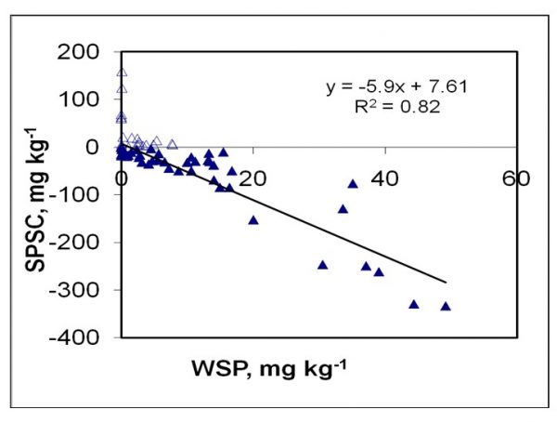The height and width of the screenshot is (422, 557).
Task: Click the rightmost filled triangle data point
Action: coord(446,306)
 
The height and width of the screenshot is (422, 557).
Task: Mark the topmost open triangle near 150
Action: coord(122,73)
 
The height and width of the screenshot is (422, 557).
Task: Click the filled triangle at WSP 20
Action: coord(253,220)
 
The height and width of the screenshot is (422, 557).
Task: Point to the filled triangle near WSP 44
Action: coord(414,304)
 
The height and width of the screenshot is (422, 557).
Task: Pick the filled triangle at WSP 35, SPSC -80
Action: coord(353,183)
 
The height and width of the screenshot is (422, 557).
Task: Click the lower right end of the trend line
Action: coord(447,282)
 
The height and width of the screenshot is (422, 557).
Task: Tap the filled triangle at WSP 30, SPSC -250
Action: coord(323,265)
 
